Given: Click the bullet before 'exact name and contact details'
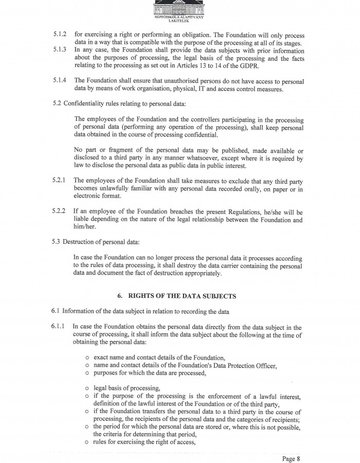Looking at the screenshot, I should pyautogui.click(x=88, y=357).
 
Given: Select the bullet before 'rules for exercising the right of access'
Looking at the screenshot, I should pyautogui.click(x=88, y=442).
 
